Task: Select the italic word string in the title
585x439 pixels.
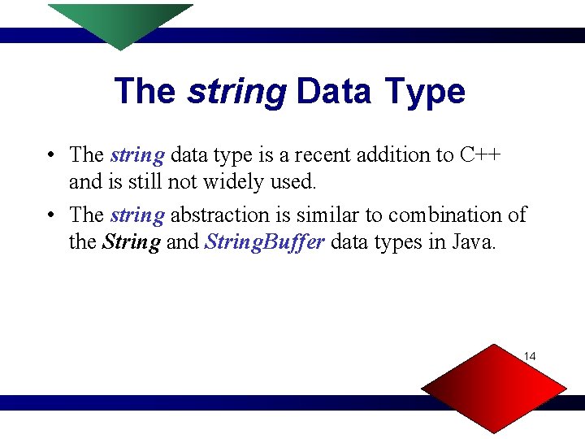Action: tap(236, 91)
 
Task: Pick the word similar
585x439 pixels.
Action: tap(329, 215)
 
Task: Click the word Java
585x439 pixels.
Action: tap(472, 243)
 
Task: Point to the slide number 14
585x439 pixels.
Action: tap(530, 356)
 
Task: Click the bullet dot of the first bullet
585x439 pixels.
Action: tap(50, 155)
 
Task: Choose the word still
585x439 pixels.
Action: tap(141, 182)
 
